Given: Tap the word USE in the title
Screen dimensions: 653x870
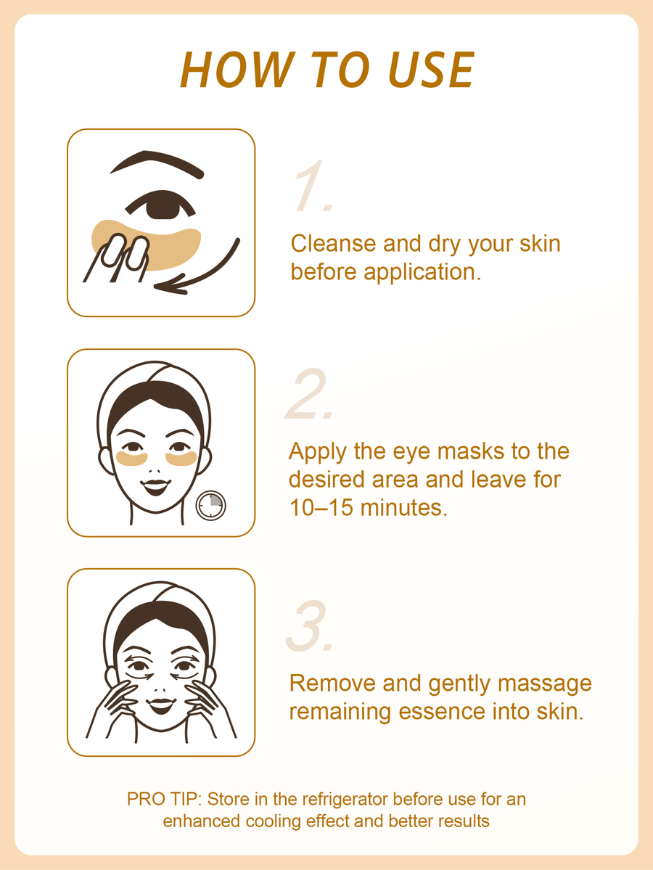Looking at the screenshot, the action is pos(430,70).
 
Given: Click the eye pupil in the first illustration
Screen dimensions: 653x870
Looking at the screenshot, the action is pos(162,205).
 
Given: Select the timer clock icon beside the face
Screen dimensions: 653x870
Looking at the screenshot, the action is pos(211,506).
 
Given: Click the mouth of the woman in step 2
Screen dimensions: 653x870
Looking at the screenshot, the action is pos(156,487).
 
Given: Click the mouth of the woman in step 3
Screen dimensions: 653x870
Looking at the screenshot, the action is pos(162,705).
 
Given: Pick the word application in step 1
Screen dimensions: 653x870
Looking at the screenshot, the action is pos(422,273).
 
